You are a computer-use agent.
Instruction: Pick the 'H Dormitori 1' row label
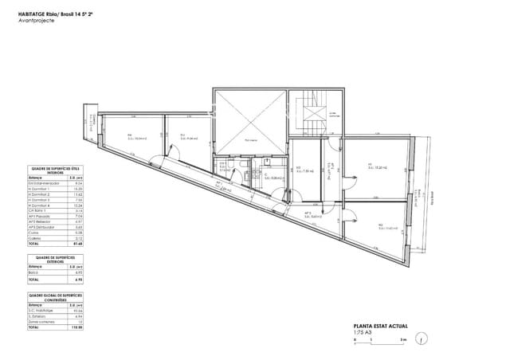(x=40, y=188)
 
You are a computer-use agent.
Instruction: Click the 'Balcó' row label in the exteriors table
(x=33, y=273)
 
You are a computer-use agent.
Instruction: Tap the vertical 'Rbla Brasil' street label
(x=431, y=198)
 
